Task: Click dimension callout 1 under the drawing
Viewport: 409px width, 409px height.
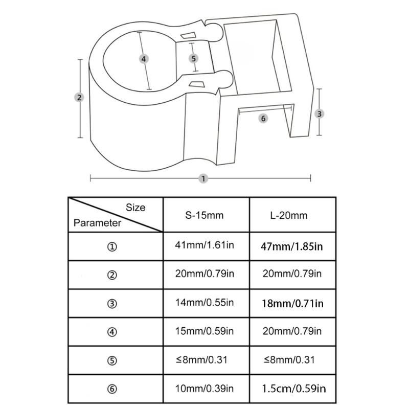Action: point(203,178)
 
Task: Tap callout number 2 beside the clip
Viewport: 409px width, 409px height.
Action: point(79,98)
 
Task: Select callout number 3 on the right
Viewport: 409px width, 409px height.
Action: point(319,113)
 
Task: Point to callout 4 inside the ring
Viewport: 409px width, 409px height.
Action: point(144,59)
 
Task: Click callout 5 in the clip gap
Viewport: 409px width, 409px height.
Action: point(193,58)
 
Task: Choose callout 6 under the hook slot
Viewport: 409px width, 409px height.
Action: point(263,119)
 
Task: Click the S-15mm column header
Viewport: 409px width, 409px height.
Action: point(204,215)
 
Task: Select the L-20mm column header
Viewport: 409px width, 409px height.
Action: point(289,215)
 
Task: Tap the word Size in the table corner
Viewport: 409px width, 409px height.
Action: point(135,208)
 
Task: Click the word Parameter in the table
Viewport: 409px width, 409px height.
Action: point(97,223)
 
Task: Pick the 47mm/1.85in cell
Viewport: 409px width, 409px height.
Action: point(291,246)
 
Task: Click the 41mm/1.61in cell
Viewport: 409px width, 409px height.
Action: point(204,245)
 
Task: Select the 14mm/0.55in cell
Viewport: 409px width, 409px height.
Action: point(204,302)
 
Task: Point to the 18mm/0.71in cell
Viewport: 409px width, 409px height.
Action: point(292,303)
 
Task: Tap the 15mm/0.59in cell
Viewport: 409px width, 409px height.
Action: point(204,331)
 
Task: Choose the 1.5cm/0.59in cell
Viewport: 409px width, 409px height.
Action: point(293,389)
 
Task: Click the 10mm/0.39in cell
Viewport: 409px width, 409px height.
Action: point(204,389)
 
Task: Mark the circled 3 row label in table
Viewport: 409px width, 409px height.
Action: point(112,304)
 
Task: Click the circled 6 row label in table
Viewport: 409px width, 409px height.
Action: point(112,389)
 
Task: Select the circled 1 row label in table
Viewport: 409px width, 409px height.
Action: point(112,247)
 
